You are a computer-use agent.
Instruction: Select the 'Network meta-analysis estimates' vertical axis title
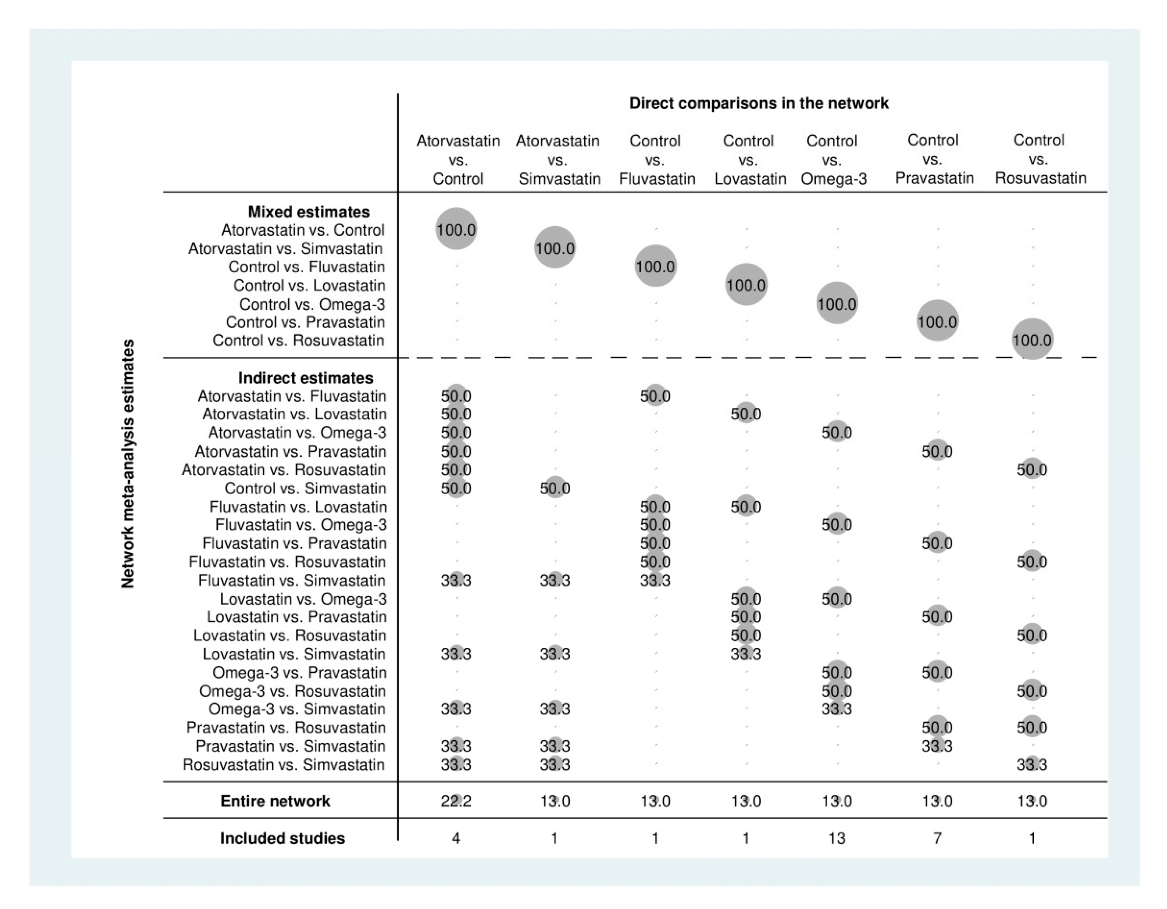pos(128,464)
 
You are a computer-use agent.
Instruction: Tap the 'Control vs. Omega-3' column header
pos(833,159)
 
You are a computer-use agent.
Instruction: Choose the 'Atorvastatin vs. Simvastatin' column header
pos(559,159)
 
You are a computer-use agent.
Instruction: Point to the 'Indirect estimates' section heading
pos(306,378)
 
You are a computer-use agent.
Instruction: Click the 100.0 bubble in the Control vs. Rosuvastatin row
pos(1032,340)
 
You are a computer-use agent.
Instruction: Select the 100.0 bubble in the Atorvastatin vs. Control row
pos(456,230)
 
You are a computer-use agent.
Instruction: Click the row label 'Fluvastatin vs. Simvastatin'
pos(292,581)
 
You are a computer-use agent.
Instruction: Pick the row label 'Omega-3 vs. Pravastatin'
pos(299,672)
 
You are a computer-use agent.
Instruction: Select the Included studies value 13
pos(836,838)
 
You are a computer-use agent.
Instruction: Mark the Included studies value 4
pos(456,838)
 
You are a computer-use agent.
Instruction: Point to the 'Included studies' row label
pos(282,838)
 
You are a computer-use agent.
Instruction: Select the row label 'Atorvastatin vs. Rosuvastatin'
pos(284,470)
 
